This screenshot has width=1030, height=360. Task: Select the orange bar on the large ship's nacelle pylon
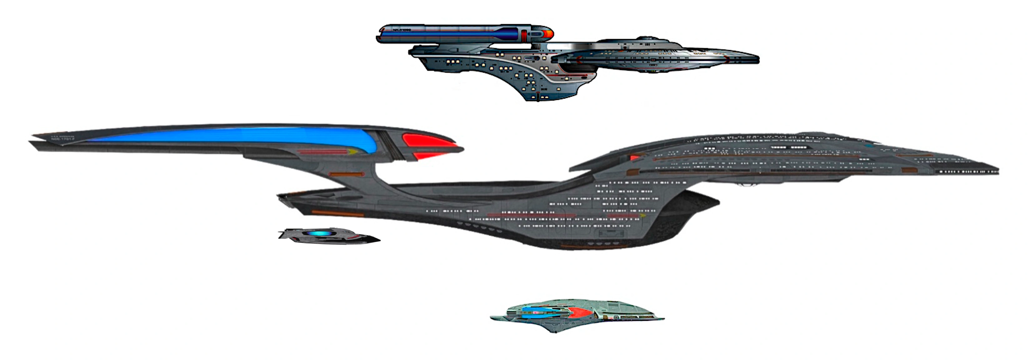tap(346, 174)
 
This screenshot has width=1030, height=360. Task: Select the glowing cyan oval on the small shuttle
tap(316, 233)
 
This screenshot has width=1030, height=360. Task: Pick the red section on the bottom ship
tap(580, 313)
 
